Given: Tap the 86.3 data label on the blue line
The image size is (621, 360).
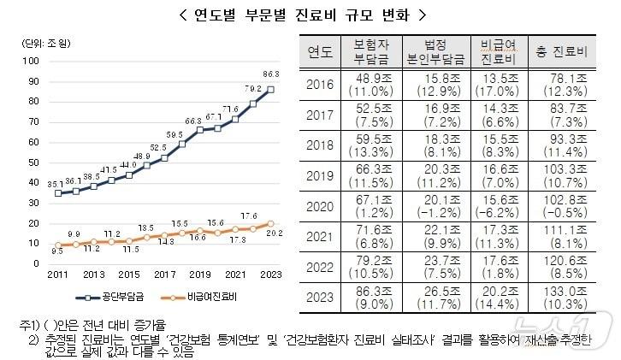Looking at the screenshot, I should pyautogui.click(x=271, y=74).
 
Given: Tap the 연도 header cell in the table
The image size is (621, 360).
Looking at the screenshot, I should pyautogui.click(x=319, y=51).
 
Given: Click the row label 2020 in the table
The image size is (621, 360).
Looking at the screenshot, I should pyautogui.click(x=319, y=205).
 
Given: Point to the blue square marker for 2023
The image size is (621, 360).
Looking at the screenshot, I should pyautogui.click(x=271, y=89).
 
